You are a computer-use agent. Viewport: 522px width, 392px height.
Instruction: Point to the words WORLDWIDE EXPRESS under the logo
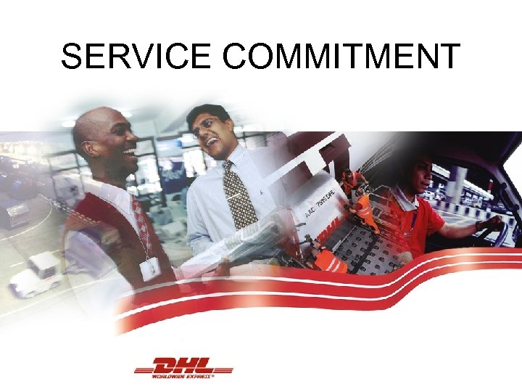point(182,376)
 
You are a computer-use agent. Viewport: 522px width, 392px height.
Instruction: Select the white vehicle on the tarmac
point(35,274)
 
